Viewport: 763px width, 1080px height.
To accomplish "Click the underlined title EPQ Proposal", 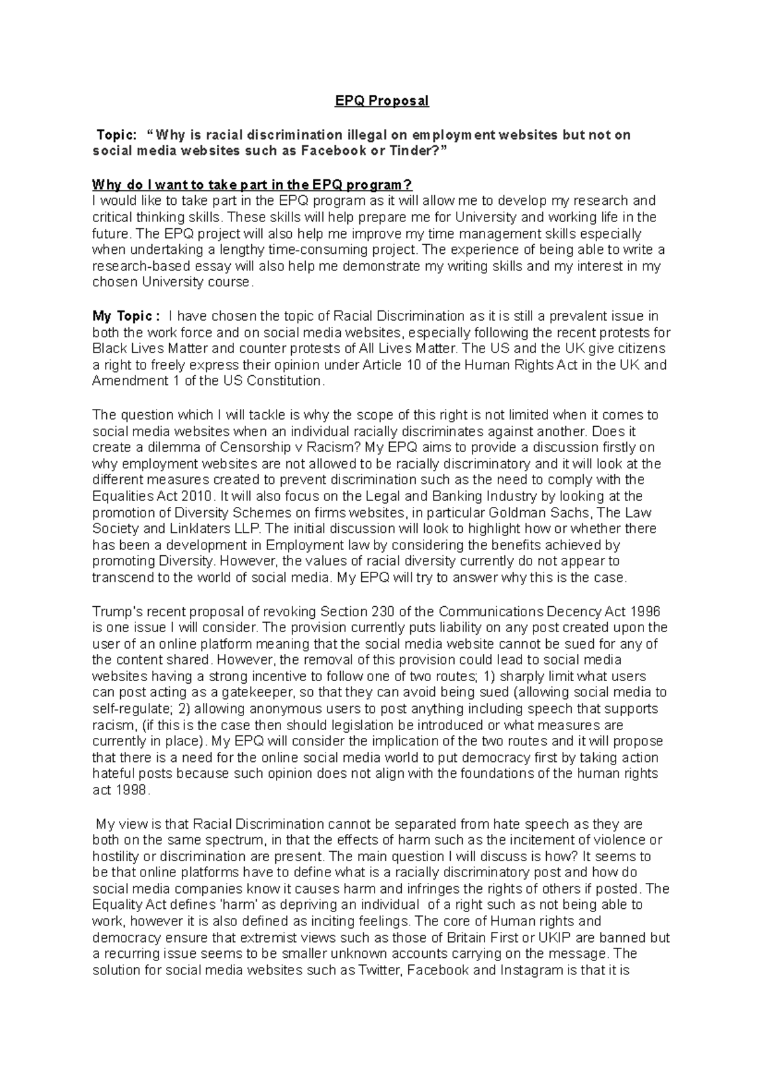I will coord(382,100).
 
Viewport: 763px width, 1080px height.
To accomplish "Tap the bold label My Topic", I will coord(122,316).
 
